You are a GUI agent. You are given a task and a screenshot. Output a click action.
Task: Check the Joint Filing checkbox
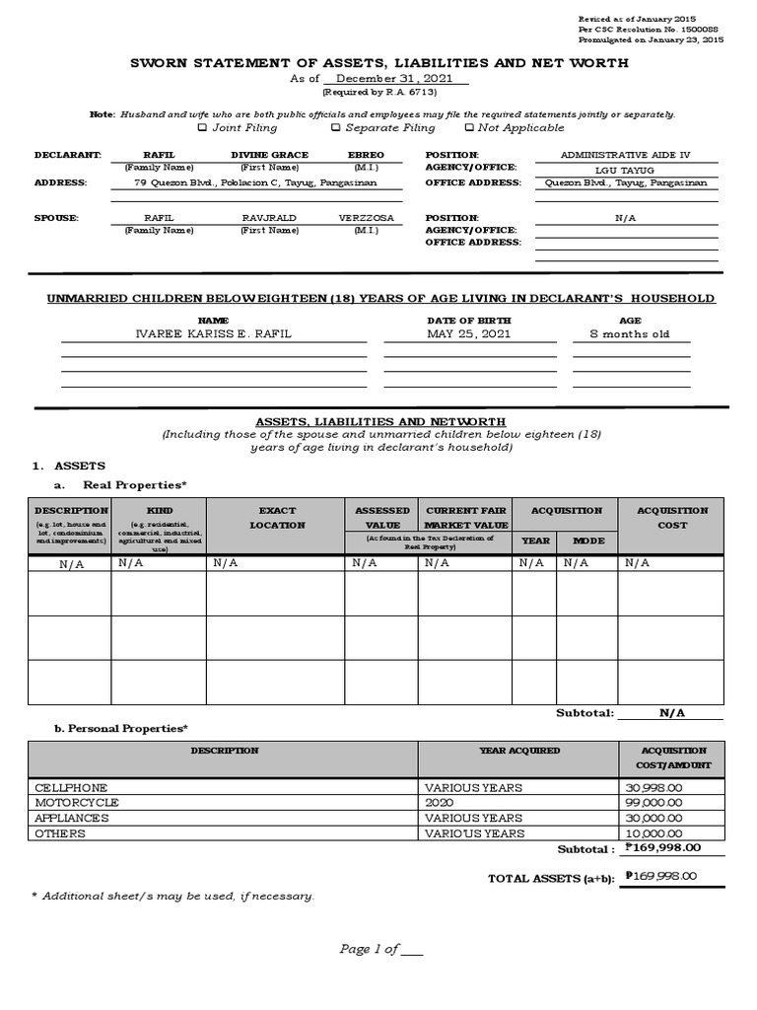[202, 127]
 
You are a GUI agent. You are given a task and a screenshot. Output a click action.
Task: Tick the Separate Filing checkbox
[335, 127]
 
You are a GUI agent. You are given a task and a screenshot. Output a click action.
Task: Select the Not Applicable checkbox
[469, 127]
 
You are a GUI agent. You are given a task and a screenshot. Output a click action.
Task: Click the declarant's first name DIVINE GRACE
[269, 155]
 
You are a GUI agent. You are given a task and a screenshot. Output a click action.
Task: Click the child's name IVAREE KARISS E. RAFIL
[213, 334]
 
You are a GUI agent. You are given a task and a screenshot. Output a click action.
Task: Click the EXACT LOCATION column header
[276, 518]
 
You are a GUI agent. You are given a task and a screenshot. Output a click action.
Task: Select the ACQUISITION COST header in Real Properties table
[671, 518]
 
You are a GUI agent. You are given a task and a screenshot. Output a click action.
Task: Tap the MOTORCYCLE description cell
[77, 803]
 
